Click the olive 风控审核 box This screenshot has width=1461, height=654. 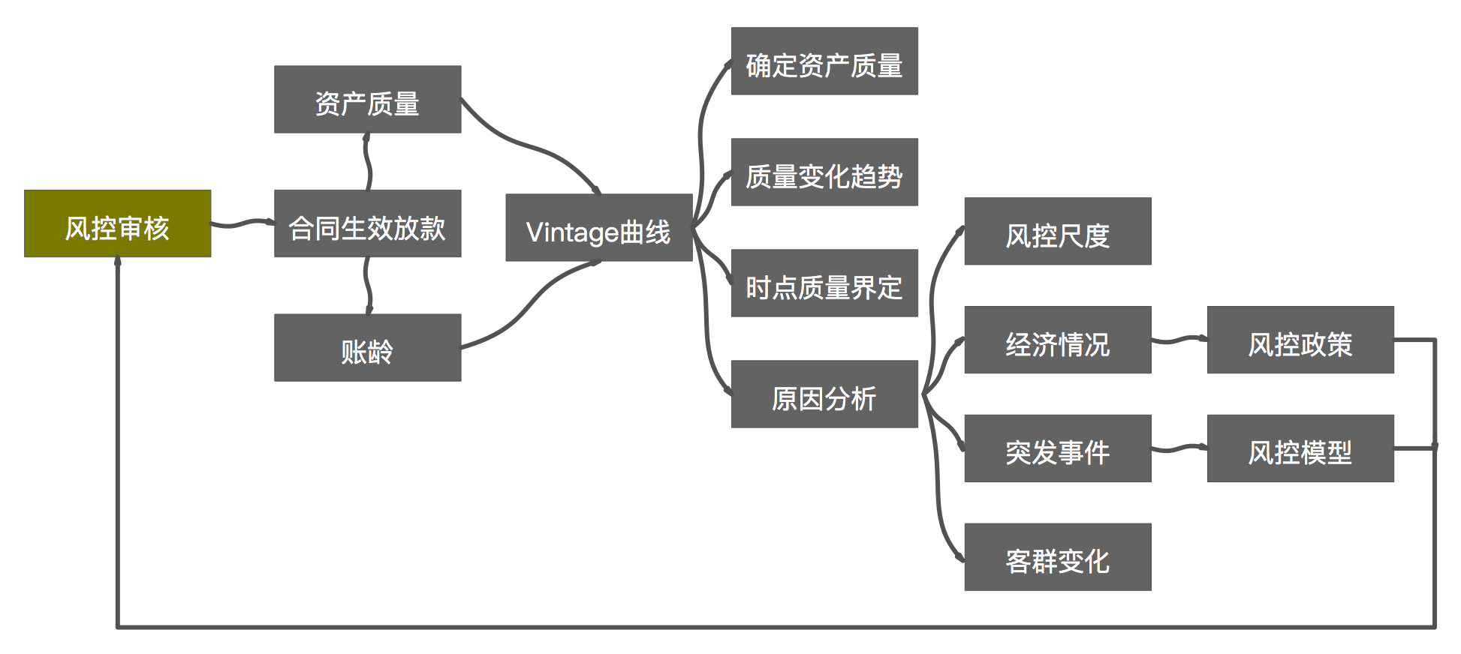pyautogui.click(x=118, y=223)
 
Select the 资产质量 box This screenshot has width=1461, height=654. pyautogui.click(x=367, y=100)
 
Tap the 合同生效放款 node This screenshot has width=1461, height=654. pyautogui.click(x=367, y=223)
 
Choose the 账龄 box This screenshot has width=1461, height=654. pyautogui.click(x=367, y=347)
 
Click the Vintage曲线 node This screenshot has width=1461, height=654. pyautogui.click(x=598, y=228)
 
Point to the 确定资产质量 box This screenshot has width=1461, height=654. pyautogui.click(x=824, y=61)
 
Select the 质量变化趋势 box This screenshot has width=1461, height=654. pyautogui.click(x=824, y=172)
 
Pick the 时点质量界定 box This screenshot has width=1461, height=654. pyautogui.click(x=824, y=283)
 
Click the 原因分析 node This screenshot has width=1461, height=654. pyautogui.click(x=824, y=394)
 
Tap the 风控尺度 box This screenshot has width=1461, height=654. pyautogui.click(x=1057, y=232)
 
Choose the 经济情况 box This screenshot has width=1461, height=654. pyautogui.click(x=1057, y=340)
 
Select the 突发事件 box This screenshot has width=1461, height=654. pyautogui.click(x=1057, y=448)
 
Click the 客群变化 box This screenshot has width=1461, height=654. pyautogui.click(x=1057, y=557)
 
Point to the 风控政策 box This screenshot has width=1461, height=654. pyautogui.click(x=1300, y=340)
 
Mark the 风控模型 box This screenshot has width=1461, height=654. pyautogui.click(x=1300, y=448)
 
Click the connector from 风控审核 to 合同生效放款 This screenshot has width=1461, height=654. pyautogui.click(x=242, y=223)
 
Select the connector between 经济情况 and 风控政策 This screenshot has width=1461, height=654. pyautogui.click(x=1179, y=340)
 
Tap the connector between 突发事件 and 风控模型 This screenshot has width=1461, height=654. pyautogui.click(x=1179, y=449)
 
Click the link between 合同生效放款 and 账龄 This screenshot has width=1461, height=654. pyautogui.click(x=367, y=286)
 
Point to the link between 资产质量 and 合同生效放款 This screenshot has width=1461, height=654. pyautogui.click(x=367, y=161)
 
